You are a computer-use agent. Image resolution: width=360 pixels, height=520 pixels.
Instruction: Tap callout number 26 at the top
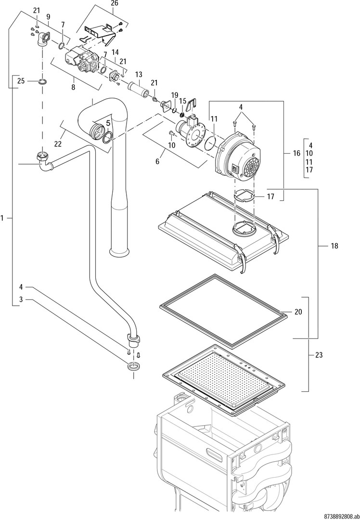(x=114, y=3)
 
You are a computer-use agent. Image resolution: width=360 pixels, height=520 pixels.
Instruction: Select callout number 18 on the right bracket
(x=334, y=246)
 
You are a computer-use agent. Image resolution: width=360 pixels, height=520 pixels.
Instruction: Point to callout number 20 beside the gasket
(x=298, y=312)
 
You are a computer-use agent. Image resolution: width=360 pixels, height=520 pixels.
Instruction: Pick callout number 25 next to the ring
(x=21, y=81)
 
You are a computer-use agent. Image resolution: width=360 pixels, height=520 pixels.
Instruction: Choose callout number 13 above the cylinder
(x=139, y=75)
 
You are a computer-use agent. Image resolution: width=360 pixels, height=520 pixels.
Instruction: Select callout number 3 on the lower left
(x=21, y=299)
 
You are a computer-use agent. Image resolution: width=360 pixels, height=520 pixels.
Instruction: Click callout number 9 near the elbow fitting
(x=48, y=17)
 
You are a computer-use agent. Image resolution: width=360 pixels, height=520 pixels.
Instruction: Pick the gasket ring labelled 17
(x=245, y=196)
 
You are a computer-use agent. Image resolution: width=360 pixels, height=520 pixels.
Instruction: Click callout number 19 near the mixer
(x=175, y=95)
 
